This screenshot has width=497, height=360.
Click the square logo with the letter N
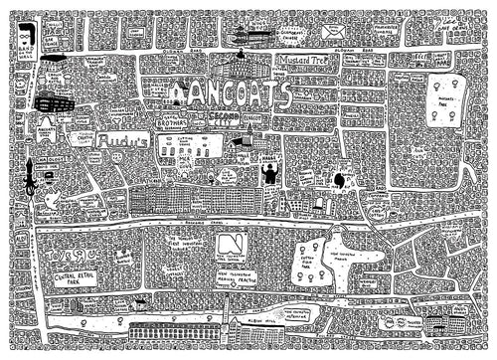(x=232, y=245)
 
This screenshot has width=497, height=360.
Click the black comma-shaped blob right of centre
(x=339, y=180)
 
